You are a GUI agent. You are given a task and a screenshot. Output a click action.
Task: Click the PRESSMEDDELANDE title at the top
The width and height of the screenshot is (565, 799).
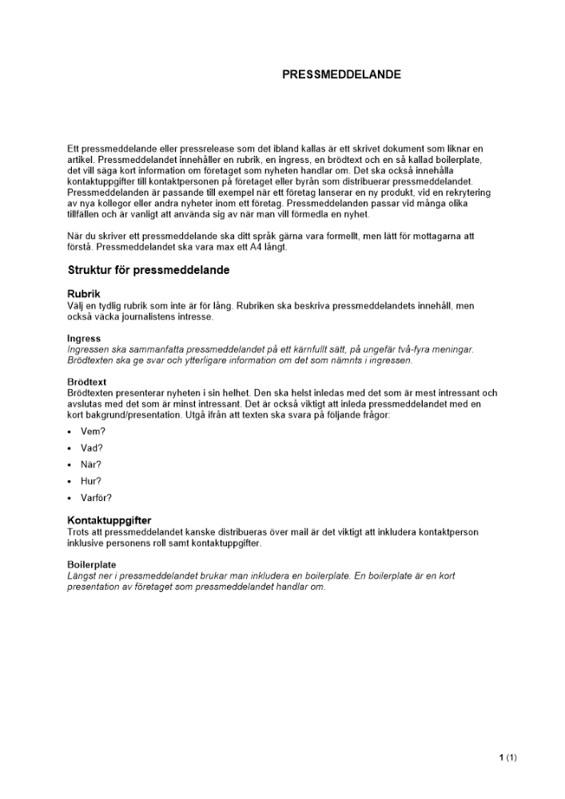(341, 74)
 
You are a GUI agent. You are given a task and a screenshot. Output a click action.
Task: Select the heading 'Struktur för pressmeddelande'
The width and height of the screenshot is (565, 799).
(149, 270)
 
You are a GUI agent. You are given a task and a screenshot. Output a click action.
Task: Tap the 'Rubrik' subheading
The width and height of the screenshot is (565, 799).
(84, 294)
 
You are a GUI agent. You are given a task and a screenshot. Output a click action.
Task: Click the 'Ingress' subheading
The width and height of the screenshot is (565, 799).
(84, 338)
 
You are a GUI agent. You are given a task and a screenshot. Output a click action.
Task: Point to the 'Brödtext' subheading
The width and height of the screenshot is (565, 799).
(87, 382)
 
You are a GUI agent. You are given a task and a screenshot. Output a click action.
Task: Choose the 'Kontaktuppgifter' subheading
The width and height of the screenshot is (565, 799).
(109, 520)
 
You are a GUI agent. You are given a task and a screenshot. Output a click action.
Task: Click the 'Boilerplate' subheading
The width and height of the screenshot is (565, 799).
(92, 564)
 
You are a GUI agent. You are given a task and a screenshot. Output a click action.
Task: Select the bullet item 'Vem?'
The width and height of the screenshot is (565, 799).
(93, 431)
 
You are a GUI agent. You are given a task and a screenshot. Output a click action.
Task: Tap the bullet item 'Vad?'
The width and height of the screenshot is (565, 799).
(92, 448)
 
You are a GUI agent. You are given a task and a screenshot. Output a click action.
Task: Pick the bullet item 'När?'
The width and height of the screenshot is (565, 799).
(91, 464)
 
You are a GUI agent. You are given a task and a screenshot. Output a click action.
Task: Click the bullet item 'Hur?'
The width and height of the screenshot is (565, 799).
(91, 481)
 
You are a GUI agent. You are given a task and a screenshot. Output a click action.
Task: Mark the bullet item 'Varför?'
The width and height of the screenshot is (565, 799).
(96, 498)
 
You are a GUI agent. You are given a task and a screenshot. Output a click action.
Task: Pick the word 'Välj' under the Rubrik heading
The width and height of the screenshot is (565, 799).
(76, 306)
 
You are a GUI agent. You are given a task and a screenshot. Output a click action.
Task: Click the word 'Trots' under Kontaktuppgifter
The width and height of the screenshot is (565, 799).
(80, 532)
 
